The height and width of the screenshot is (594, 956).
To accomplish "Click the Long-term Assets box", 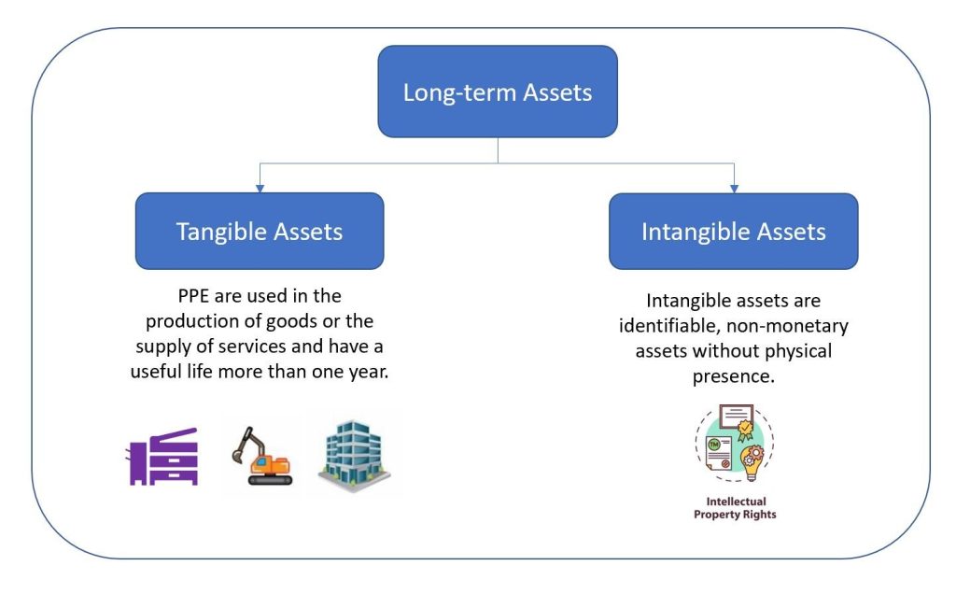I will pos(497,92).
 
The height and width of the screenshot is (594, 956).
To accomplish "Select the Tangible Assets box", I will pos(260,232).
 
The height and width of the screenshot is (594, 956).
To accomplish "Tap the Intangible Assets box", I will pos(733,232).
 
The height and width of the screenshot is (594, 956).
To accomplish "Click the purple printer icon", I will pos(162,457).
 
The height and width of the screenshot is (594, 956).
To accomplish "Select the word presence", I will pos(733,378).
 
